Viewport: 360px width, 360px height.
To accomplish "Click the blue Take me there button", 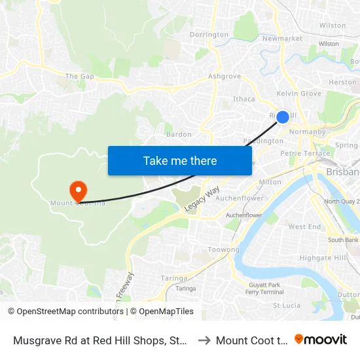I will click(x=180, y=160).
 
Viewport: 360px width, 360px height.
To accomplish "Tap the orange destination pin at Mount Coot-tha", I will click(x=78, y=191).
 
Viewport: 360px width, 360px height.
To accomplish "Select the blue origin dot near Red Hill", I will click(x=283, y=117).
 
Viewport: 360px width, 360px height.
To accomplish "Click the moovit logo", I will click(x=321, y=339).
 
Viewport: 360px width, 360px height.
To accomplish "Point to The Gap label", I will click(x=79, y=77).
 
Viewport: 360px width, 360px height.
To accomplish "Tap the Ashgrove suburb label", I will click(x=225, y=77).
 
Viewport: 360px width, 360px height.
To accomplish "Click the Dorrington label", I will click(x=209, y=35).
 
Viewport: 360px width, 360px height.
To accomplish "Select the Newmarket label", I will click(x=282, y=39).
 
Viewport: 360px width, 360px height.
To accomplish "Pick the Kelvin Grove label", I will click(x=299, y=94).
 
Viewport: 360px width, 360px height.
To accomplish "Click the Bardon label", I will click(x=179, y=134).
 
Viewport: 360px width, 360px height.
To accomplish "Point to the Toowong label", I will click(x=223, y=250).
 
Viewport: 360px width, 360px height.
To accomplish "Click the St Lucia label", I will click(x=285, y=305).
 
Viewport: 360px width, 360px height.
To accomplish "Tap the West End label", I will click(x=304, y=227).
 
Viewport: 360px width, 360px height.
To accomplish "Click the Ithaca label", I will click(x=244, y=99).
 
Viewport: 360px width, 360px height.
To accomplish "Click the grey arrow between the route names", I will click(x=204, y=340).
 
